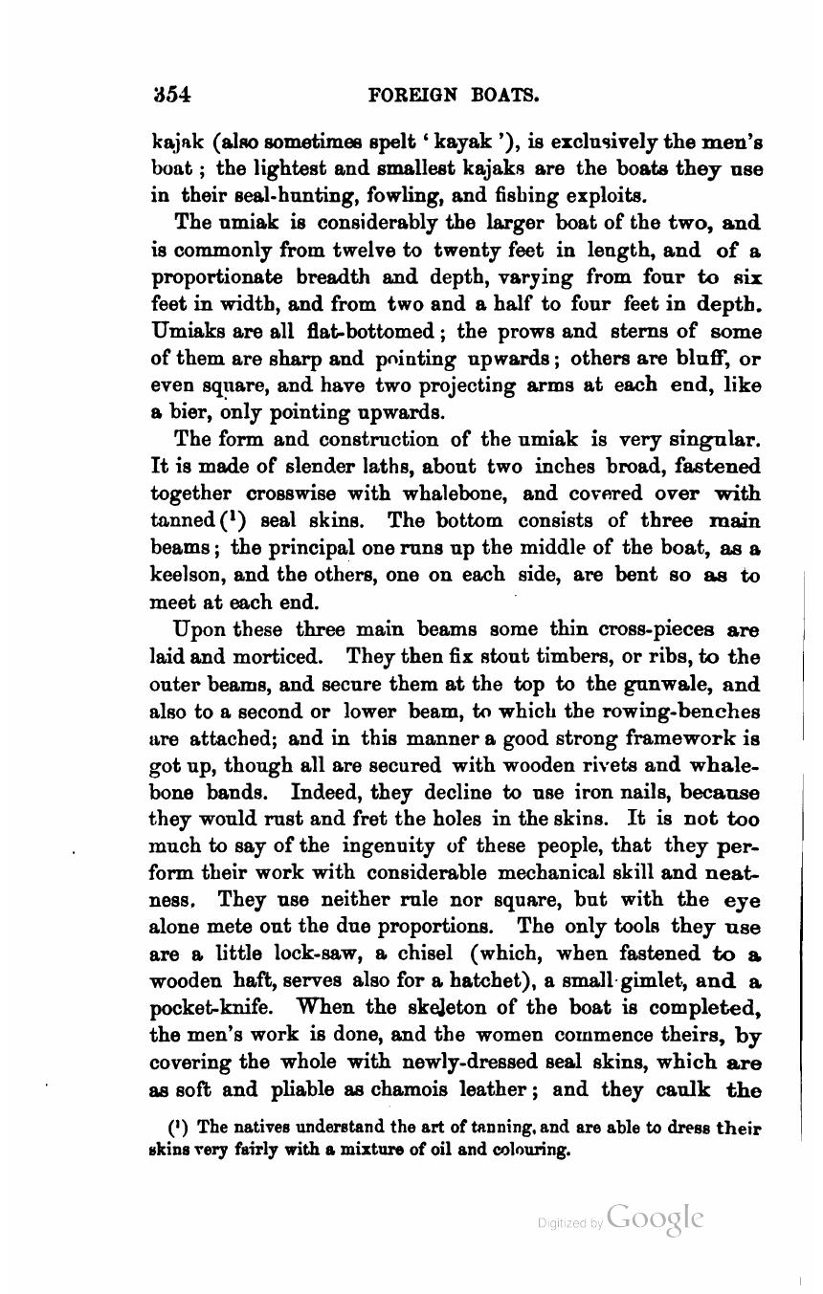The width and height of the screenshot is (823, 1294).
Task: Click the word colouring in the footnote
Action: (x=530, y=1151)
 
